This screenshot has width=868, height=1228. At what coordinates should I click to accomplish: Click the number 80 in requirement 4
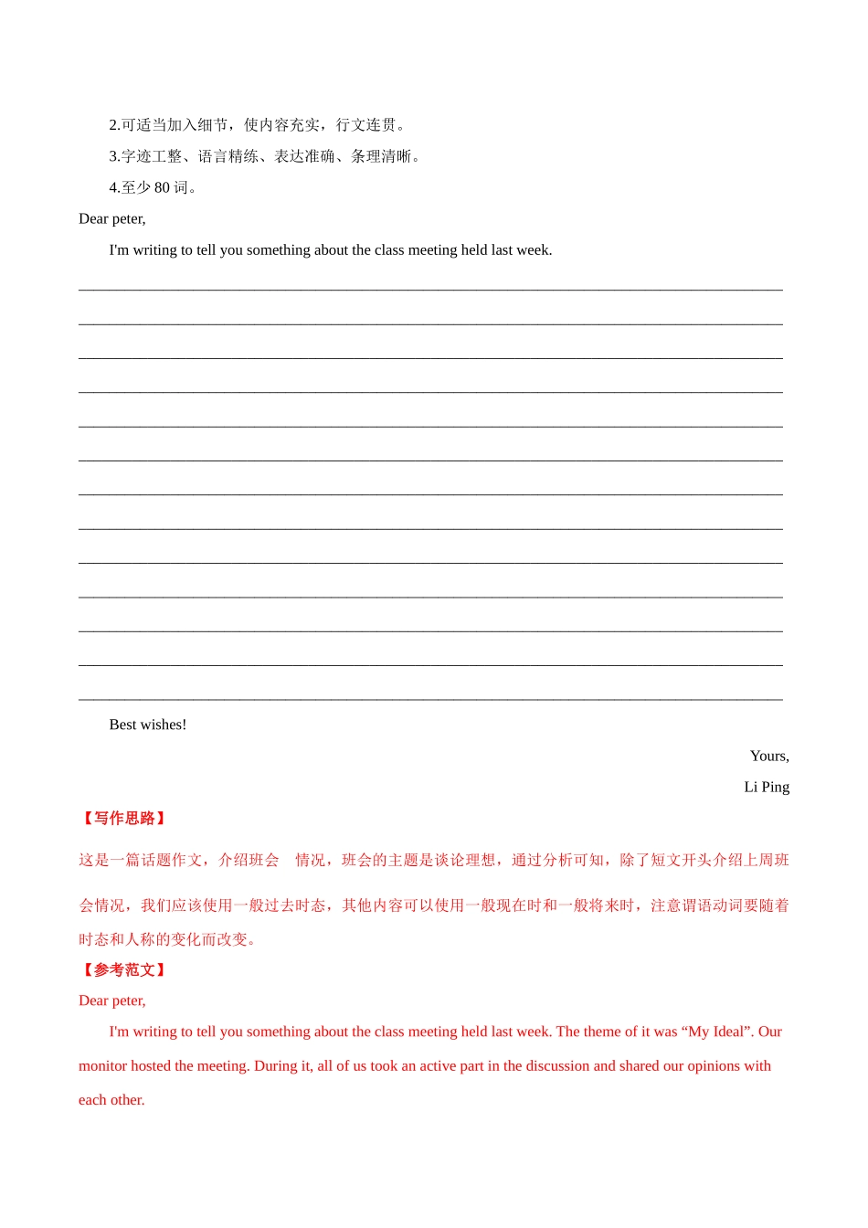162,187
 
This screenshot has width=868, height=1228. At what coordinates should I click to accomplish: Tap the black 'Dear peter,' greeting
111,218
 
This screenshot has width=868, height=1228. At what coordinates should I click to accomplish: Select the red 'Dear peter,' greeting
111,1000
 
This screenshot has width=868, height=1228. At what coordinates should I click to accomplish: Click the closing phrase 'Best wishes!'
147,725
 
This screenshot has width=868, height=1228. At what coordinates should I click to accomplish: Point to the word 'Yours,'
769,756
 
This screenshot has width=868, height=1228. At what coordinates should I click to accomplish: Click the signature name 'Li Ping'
767,787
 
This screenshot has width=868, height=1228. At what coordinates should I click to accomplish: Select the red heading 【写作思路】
123,819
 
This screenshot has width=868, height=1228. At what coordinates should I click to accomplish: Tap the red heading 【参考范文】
123,970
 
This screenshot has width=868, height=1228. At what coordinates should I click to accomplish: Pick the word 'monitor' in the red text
102,1066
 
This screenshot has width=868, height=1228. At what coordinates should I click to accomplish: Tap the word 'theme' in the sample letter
602,1032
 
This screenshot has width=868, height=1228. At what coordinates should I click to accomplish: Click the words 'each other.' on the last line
111,1100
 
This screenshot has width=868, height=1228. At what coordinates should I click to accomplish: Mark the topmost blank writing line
430,290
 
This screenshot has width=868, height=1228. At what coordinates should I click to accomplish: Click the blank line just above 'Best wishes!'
430,699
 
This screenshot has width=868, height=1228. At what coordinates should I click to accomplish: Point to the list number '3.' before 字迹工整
114,156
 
